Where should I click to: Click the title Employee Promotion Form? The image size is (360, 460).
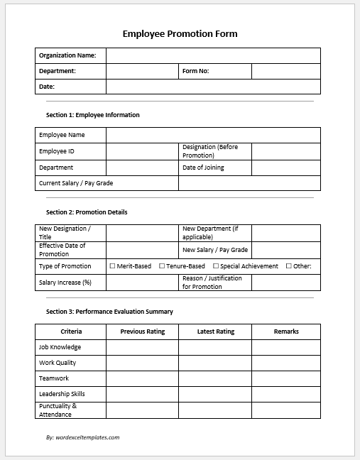point(180,33)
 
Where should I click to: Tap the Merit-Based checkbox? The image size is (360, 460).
point(112,266)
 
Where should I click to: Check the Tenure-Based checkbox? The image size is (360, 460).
point(161,266)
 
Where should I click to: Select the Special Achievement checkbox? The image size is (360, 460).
point(216,266)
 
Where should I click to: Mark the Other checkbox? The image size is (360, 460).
point(289,266)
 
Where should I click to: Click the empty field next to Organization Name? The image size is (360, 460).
point(213,55)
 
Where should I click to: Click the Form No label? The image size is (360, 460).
point(195,71)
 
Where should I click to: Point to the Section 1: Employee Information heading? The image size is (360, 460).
point(92,115)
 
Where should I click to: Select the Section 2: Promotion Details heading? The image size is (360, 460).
point(87,212)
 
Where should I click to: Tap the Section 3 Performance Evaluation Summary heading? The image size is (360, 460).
point(109,312)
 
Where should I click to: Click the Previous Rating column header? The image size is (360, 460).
point(142,332)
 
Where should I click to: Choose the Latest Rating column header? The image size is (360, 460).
point(215,332)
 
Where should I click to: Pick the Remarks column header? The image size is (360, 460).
point(285,332)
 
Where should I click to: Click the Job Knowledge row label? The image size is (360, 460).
point(60,347)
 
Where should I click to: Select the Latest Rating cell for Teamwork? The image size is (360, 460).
point(214,378)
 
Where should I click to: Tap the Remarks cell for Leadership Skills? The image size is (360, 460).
point(285,394)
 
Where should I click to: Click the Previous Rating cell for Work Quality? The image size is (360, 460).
point(142,363)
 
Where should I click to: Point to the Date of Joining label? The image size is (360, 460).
point(203,168)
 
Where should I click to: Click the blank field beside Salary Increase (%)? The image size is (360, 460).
point(142,283)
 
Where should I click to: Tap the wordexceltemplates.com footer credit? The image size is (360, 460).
point(82,437)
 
